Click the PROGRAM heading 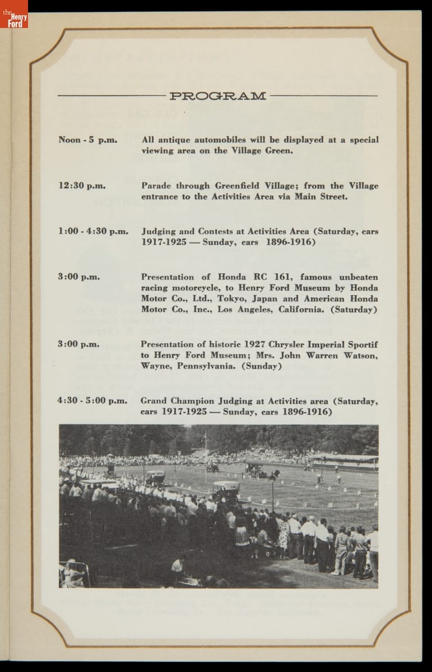[218, 96]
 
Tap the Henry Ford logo [14, 15]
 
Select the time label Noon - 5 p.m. [88, 140]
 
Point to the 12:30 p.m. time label [82, 186]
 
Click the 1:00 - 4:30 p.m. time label [93, 231]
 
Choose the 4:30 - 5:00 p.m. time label [92, 401]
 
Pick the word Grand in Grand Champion [154, 401]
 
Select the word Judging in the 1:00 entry [160, 231]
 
